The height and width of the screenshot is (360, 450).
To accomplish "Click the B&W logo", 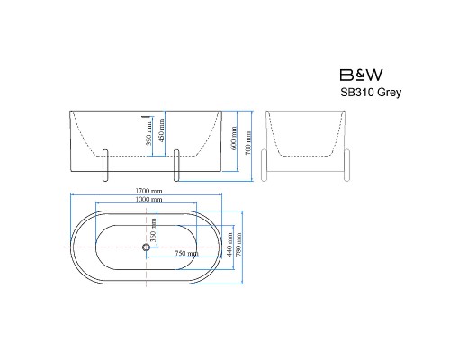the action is coord(361,75).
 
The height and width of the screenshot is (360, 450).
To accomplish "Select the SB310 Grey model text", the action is coord(371,92).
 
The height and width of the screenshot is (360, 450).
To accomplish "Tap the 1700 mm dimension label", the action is coord(148,191).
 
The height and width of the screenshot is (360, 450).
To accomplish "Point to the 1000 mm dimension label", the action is coord(148,199).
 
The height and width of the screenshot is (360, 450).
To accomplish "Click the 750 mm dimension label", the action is coord(186,254).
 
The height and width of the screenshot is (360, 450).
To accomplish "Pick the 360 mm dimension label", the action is coord(153,230).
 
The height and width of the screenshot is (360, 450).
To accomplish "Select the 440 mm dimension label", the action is coord(229,245).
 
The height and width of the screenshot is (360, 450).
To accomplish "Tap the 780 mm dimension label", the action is coord(238,245).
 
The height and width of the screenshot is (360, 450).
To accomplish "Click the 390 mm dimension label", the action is coord(148,133).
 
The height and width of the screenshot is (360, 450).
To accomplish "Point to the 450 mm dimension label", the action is coord(161,130).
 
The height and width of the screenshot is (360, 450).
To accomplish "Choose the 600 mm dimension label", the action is coord(234,138).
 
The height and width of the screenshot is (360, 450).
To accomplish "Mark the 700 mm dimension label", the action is coord(248,143).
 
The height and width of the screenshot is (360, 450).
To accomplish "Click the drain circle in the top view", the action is coord(146,247).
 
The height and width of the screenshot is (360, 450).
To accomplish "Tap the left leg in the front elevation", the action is coord(105,166).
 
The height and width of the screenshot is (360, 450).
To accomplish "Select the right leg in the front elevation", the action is coord(176,166).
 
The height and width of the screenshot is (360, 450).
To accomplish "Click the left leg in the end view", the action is coord(264,166).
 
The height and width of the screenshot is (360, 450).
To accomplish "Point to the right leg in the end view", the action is coord(346,166).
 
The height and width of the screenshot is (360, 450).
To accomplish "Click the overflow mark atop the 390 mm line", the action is coord(147,116).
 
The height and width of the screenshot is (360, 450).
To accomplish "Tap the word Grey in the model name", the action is coord(389,93).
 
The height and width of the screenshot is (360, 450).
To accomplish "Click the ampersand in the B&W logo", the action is coord(361,76).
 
